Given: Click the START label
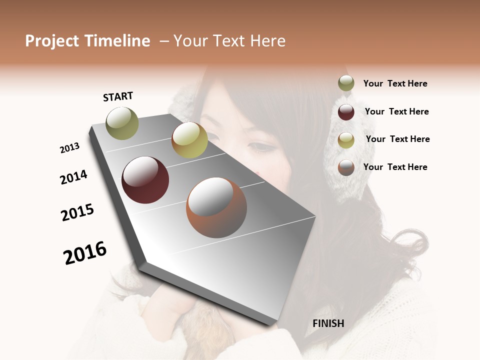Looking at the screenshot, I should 118,96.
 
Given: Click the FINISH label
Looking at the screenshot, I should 328,323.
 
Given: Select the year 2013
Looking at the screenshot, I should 70,148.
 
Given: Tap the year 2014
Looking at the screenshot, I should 73,177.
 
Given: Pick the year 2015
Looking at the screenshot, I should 77,212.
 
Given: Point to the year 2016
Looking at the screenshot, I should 85,252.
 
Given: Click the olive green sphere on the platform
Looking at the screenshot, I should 122,123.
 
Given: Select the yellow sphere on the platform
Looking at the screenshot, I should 189,139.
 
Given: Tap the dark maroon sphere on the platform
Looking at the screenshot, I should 145,180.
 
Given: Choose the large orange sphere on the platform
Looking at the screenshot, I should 216,207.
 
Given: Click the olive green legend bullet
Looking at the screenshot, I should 346,83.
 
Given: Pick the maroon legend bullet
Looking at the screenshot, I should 346,111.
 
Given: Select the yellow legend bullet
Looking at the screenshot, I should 346,139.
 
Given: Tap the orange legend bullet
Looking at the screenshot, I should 346,167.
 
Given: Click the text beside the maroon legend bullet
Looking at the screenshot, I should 396,111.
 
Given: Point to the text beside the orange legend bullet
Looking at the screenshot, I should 395,167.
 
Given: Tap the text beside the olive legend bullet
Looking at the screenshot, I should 395,83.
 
